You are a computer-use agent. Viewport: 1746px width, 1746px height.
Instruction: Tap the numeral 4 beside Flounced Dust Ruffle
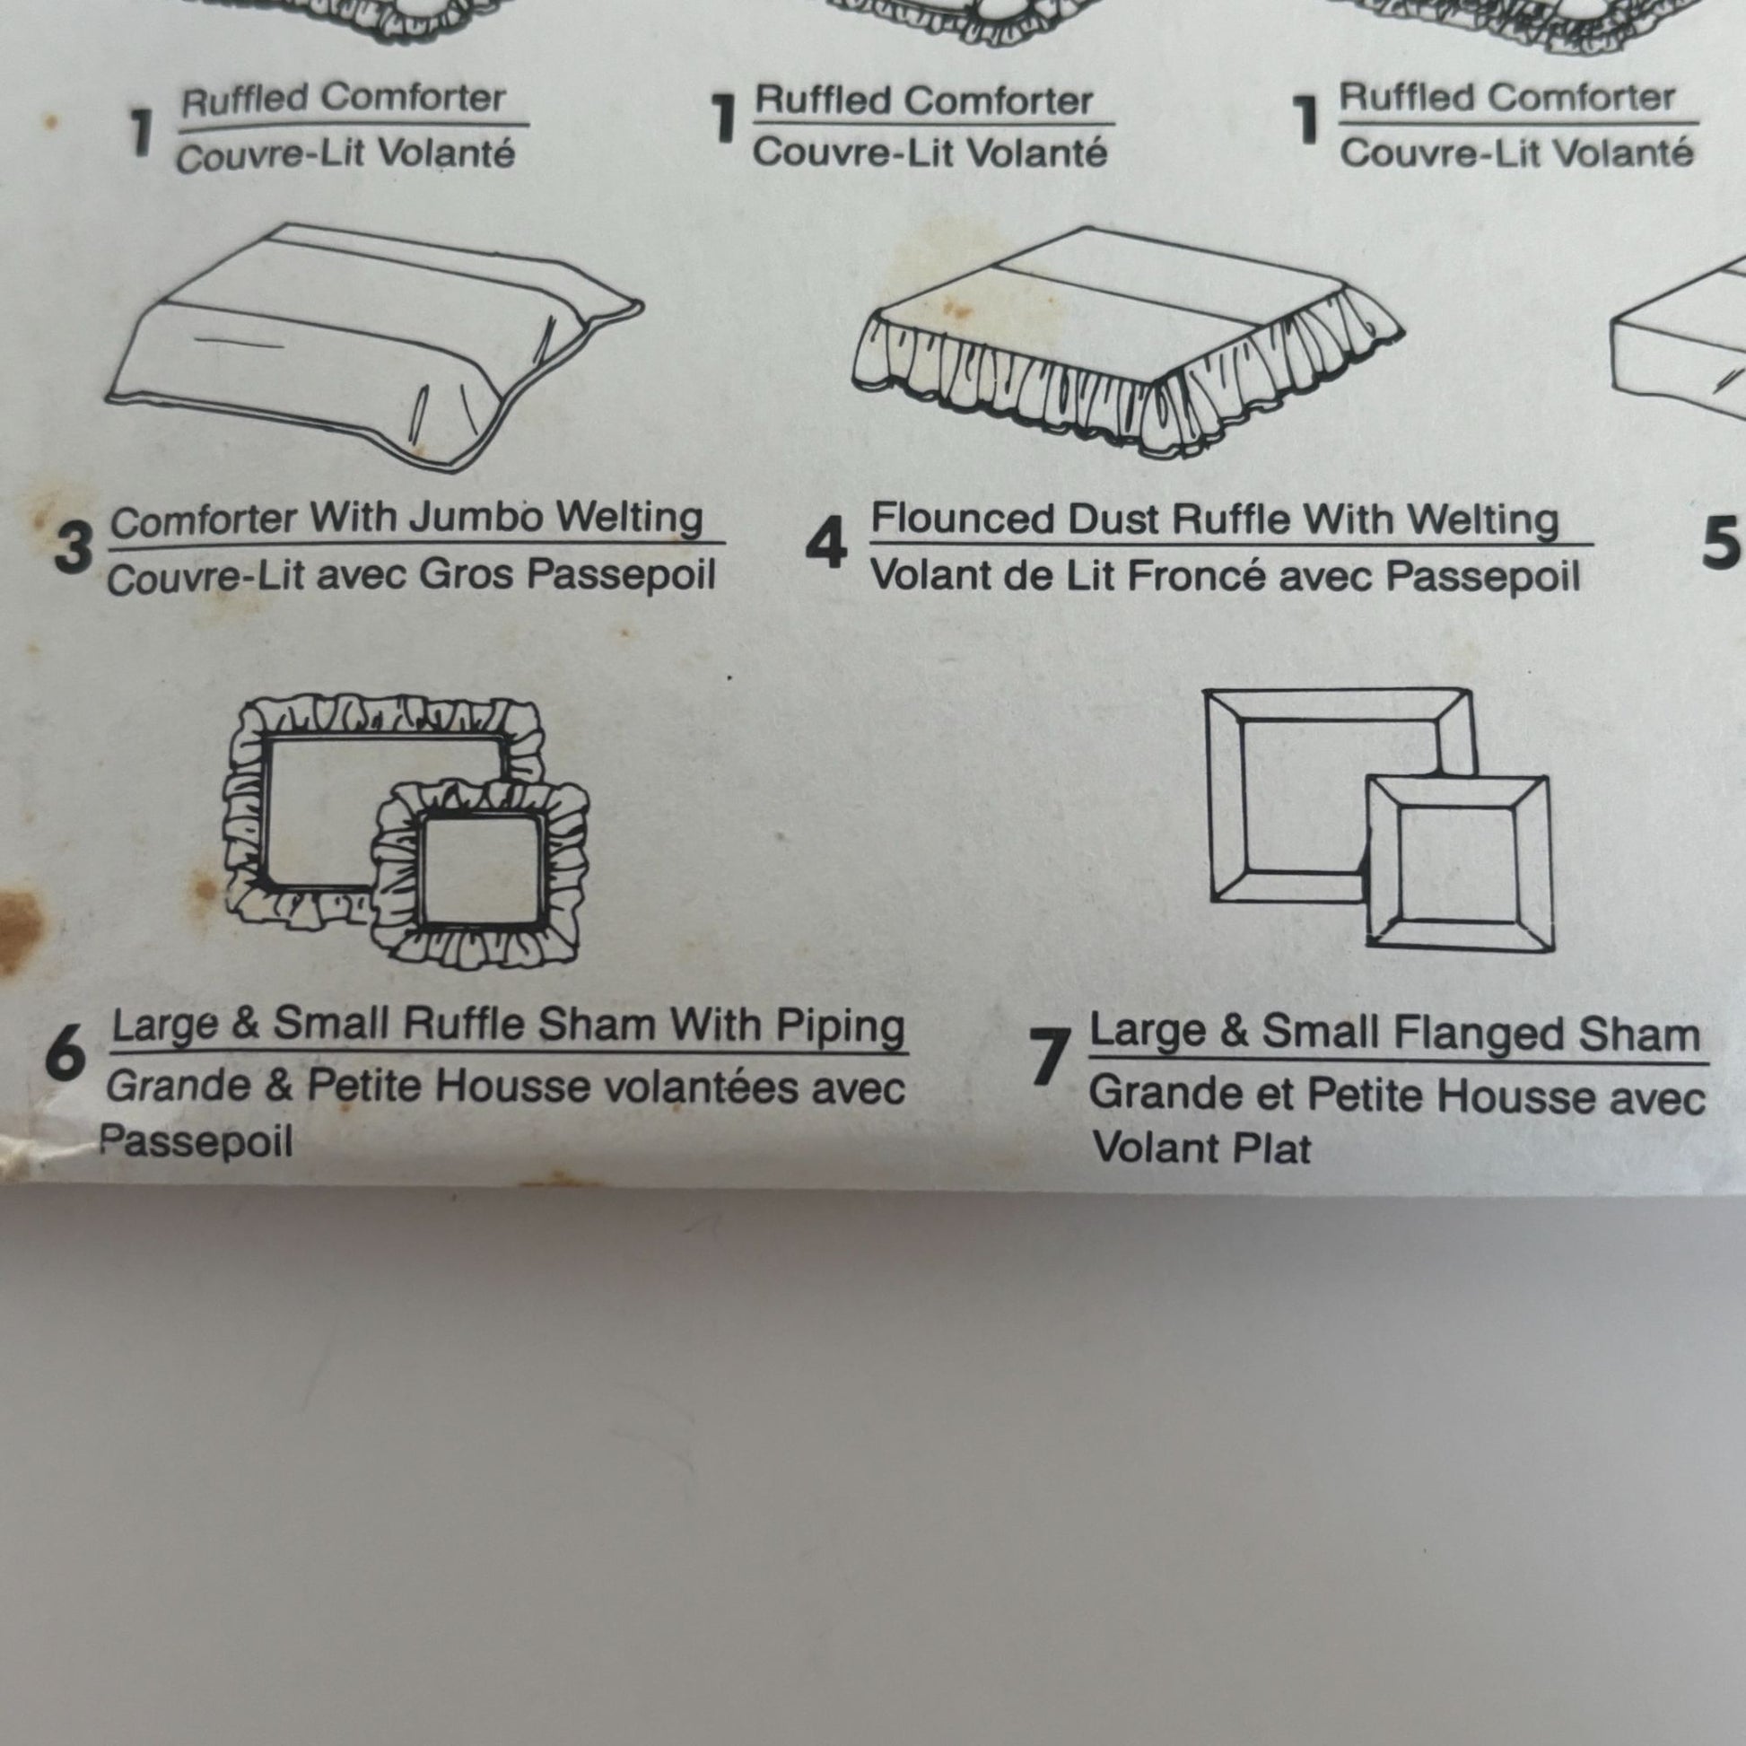click(x=826, y=545)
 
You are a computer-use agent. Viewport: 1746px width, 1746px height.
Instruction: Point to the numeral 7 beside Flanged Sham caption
click(x=1049, y=1058)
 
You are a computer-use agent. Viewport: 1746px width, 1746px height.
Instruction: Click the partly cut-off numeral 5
click(x=1723, y=543)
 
